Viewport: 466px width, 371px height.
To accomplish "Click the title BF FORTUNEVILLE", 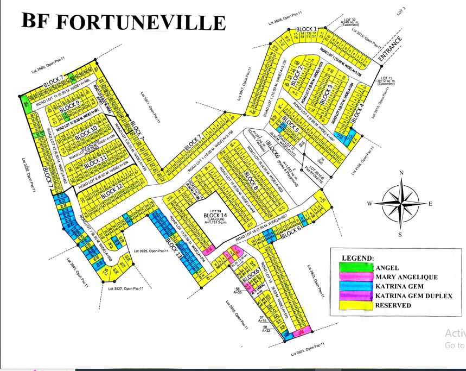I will click(123, 21).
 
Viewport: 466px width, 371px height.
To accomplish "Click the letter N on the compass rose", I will click(401, 173).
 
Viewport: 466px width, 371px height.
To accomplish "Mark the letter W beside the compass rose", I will click(369, 204).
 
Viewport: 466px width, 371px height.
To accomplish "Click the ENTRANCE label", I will click(391, 49).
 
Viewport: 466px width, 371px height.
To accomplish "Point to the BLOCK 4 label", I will click(358, 111).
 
